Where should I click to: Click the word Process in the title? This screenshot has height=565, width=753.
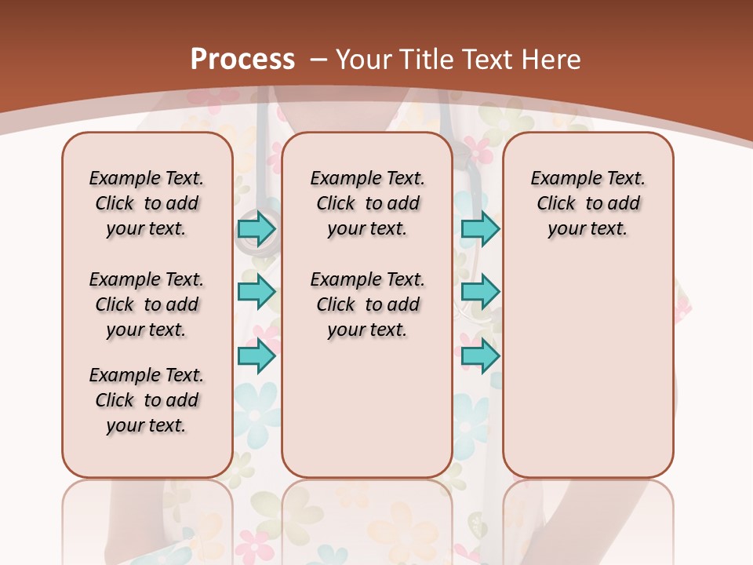tap(242, 59)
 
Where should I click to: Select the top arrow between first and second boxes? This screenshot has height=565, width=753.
tap(256, 229)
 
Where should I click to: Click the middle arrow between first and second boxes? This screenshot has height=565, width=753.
tap(256, 293)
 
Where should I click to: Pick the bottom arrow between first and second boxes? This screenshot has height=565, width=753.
tap(256, 356)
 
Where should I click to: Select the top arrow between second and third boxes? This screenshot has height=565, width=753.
tap(480, 229)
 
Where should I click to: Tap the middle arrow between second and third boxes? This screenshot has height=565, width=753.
tap(480, 293)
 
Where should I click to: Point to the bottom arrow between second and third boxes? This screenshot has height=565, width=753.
tap(480, 356)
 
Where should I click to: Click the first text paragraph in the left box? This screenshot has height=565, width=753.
tap(147, 203)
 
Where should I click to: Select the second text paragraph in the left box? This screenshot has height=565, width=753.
tap(147, 304)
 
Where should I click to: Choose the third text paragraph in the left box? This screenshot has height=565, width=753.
tap(147, 400)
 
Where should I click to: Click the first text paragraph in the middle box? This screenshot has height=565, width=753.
tap(367, 203)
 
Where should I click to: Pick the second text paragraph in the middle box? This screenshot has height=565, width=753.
tap(367, 304)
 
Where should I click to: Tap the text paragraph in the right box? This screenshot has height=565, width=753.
tap(587, 203)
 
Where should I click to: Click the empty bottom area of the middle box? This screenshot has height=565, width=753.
tap(367, 416)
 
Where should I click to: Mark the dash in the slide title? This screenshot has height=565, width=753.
tap(318, 59)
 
